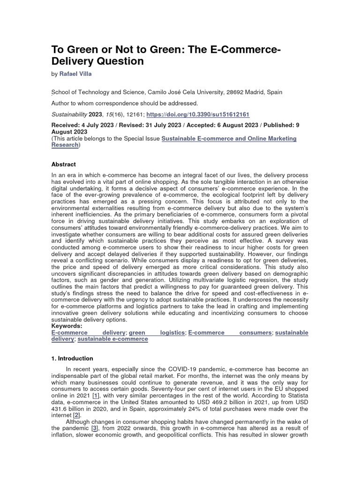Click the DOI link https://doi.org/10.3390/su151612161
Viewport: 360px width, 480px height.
[x=198, y=114]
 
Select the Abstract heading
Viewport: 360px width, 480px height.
[x=63, y=165]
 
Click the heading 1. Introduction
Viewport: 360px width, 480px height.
[x=72, y=359]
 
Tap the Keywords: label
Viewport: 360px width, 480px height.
[x=67, y=326]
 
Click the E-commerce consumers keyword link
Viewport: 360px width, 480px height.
[x=230, y=332]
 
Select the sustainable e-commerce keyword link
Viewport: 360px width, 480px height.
[x=112, y=338]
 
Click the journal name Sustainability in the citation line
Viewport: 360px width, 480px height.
[x=68, y=114]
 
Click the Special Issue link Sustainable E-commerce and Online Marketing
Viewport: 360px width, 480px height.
[x=229, y=139]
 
